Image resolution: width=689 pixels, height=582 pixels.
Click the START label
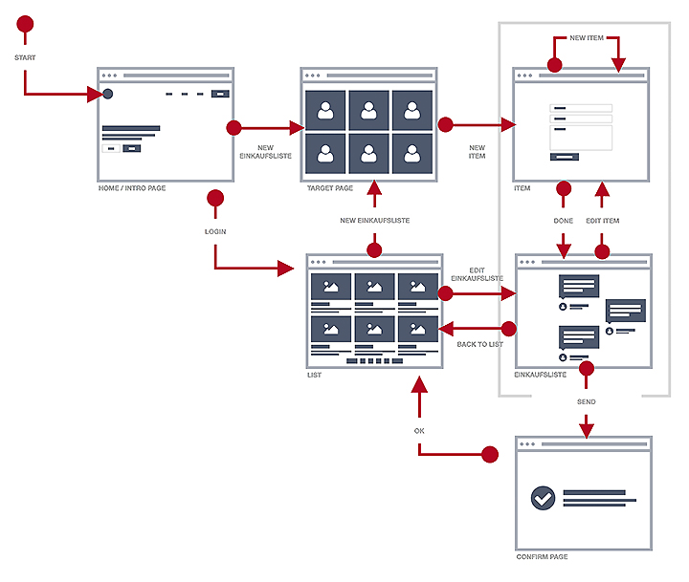tap(25, 57)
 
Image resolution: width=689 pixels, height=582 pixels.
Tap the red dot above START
tap(25, 24)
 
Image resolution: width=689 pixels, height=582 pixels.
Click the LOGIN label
tap(215, 231)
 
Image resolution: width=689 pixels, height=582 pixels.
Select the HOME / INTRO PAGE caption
tap(132, 188)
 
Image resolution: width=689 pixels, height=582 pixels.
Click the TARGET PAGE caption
tap(330, 188)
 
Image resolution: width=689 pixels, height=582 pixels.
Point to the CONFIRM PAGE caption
tap(542, 556)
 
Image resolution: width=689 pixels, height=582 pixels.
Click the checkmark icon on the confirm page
tap(543, 498)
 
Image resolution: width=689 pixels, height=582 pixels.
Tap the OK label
tap(419, 431)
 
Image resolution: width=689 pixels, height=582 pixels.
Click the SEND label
tap(587, 401)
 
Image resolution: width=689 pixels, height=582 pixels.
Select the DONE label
tap(564, 221)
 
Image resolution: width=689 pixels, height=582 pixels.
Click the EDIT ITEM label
tap(603, 221)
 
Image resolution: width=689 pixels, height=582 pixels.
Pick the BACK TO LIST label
tap(479, 344)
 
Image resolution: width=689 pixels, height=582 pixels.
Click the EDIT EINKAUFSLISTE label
tap(478, 274)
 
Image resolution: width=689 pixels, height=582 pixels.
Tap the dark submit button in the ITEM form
tap(565, 157)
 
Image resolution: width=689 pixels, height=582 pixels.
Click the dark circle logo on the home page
tap(107, 94)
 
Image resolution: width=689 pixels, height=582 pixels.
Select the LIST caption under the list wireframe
tap(314, 375)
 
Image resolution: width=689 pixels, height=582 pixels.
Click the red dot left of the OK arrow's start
tap(490, 455)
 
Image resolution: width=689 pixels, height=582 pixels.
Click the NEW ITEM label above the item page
tap(587, 37)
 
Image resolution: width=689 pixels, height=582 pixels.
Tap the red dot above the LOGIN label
tap(215, 198)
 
